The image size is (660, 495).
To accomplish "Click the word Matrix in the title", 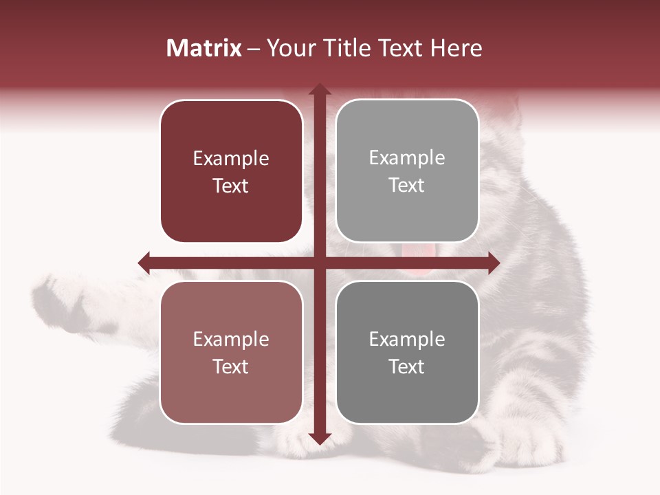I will click(203, 48).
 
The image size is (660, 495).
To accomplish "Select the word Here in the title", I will click(456, 48).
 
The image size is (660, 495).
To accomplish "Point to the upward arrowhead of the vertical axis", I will click(319, 90).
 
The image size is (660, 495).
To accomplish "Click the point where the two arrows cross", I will click(319, 262).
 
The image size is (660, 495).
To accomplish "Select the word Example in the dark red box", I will click(231, 158).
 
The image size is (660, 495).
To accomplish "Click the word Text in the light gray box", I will click(407, 185).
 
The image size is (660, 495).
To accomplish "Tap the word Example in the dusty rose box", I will click(231, 339).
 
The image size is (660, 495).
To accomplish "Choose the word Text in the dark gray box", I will click(407, 366).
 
